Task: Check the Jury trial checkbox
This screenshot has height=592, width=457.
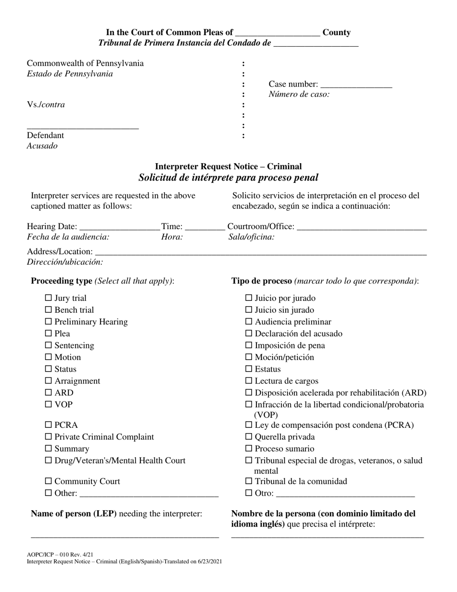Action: coord(48,298)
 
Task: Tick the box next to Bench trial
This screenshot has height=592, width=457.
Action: coord(48,310)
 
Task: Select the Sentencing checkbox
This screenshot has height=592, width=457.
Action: coord(48,346)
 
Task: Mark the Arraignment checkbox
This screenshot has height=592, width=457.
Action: coord(48,381)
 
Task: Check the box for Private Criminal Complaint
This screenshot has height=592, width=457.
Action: coord(48,437)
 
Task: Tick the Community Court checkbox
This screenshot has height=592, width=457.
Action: coord(48,481)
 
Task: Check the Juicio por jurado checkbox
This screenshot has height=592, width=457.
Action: coord(249,298)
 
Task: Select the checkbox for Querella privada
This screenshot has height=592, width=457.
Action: coord(249,437)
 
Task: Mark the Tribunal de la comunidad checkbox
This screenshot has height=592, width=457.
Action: coord(249,481)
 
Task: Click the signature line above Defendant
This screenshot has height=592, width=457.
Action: coord(83,127)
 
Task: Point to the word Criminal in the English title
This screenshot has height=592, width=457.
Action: coord(284,167)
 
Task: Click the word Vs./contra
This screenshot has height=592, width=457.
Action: coord(46,104)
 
